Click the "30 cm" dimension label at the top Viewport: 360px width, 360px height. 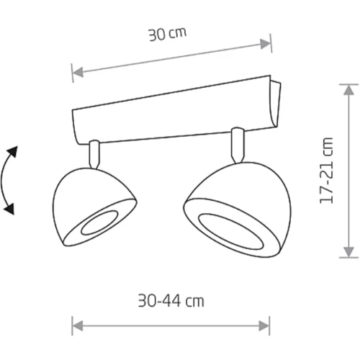tap(167, 35)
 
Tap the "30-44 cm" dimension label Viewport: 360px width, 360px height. tap(171, 301)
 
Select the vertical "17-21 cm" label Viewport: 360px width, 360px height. tap(326, 171)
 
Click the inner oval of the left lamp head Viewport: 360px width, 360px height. tap(99, 223)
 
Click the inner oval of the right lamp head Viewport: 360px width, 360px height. tap(231, 232)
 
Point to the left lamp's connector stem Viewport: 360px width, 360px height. tap(94, 154)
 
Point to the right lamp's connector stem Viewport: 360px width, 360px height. tap(238, 145)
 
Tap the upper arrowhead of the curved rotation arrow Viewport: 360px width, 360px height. tap(13, 152)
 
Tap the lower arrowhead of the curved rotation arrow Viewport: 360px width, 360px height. tap(9, 209)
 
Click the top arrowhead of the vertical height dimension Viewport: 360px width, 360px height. tap(348, 90)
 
